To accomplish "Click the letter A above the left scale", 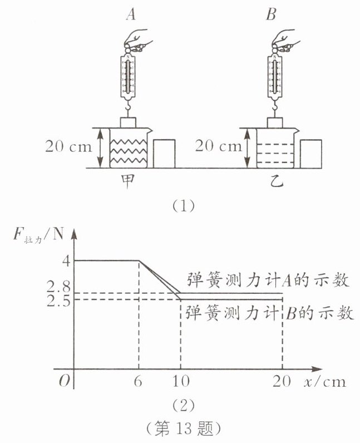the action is coord(131,14).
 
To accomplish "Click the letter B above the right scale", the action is coord(271,14).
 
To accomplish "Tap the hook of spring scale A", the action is coord(129,107).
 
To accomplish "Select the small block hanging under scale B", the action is coord(275,122).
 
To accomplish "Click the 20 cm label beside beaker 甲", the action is coord(68,146).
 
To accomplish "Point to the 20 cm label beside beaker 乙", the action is coord(219,146).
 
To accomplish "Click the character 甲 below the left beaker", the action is coord(128,181).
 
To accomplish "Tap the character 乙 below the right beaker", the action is coord(277,181).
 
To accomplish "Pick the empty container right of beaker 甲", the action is coord(164,154).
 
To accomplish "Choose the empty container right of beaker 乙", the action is coord(311,154).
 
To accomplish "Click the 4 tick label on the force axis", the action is coord(66,261).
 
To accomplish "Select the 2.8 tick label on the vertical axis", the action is coord(58,287).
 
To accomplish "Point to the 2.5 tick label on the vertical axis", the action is coord(58,301).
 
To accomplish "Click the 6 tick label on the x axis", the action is coord(138,381).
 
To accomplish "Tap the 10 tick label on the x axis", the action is coord(181,381).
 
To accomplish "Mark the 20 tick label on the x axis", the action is coord(282,381).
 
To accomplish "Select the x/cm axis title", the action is coord(325,382).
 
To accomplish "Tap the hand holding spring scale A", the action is coord(137,41).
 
